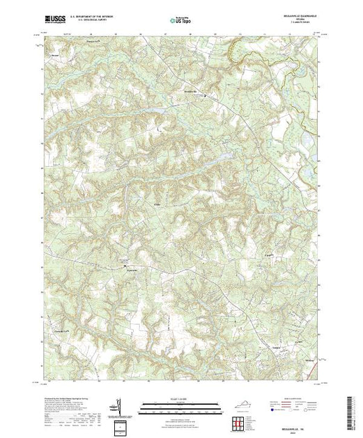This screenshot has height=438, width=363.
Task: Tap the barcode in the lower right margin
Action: (x=352, y=407)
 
